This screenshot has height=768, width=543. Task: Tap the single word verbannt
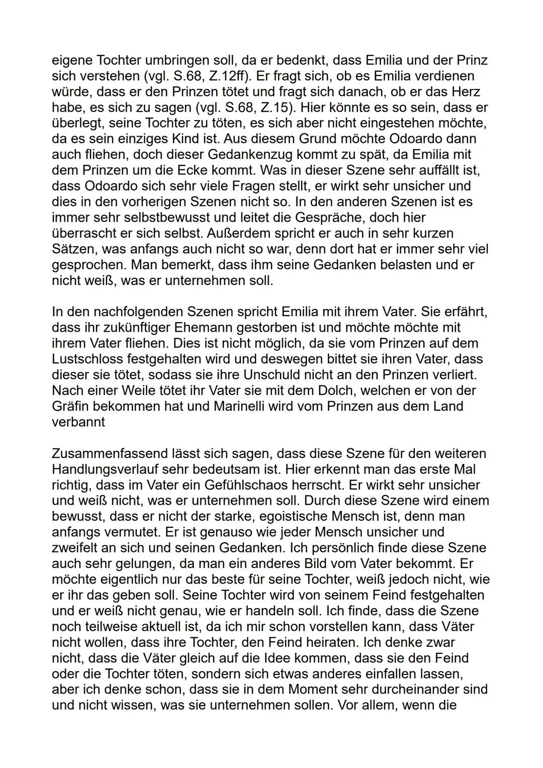pos(78,421)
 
